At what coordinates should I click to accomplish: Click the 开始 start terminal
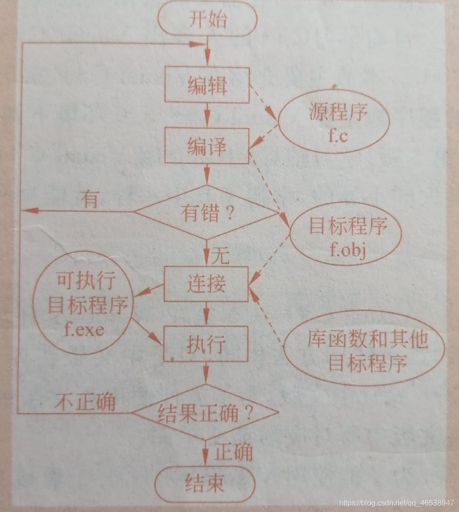click(x=207, y=20)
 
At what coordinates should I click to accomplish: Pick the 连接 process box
click(x=206, y=284)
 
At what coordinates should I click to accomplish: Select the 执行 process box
click(x=206, y=347)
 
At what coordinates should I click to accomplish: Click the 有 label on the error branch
click(x=90, y=200)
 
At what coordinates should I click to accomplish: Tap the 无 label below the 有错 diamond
click(x=220, y=256)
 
